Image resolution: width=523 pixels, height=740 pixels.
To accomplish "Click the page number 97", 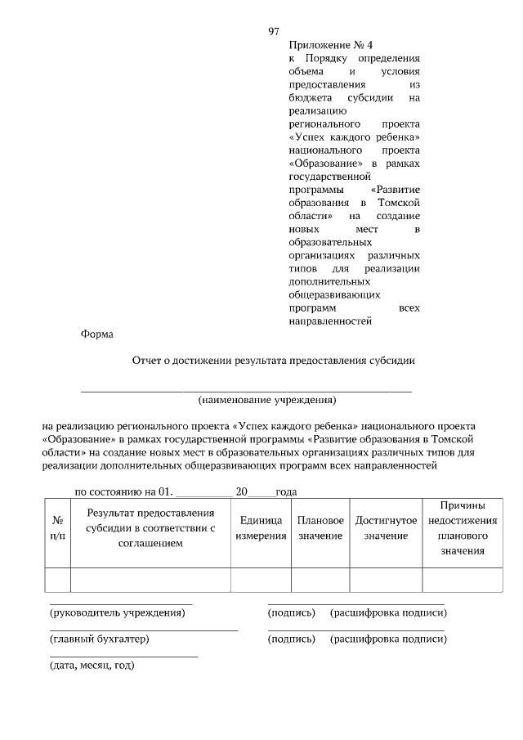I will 274,31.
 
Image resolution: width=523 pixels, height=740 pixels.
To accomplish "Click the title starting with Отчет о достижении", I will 275,361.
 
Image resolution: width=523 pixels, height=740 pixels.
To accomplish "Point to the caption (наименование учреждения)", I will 267,400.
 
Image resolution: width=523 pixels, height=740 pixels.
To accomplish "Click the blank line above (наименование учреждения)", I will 245,389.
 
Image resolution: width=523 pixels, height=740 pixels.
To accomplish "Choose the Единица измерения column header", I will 261,527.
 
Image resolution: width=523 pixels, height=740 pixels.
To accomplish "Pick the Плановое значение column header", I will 320,527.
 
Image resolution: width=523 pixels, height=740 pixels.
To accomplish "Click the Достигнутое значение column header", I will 386,527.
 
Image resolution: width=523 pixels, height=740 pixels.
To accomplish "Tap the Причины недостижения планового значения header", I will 463,528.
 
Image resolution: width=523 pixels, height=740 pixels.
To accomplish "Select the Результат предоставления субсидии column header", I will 150,527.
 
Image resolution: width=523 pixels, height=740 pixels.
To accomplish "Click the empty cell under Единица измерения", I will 261,579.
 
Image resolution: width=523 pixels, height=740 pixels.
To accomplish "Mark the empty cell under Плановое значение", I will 320,579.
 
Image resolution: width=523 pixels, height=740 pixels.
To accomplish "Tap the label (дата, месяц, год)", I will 92,665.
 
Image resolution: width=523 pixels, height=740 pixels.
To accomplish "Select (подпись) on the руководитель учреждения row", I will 291,612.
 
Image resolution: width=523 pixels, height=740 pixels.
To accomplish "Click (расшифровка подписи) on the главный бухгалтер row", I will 388,639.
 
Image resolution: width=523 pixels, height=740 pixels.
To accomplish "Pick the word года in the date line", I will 285,492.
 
